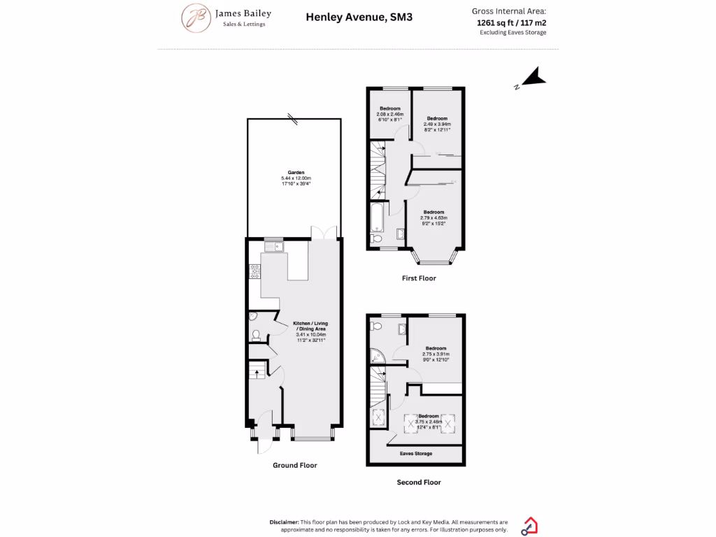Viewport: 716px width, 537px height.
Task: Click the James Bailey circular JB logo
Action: (x=197, y=18)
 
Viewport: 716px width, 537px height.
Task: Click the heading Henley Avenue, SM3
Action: (x=359, y=17)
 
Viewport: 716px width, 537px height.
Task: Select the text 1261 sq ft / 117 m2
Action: (x=511, y=22)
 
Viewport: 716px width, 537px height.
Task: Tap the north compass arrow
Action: (x=533, y=78)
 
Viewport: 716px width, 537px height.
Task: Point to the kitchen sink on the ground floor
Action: (x=270, y=246)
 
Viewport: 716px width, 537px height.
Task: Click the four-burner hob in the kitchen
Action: (x=253, y=272)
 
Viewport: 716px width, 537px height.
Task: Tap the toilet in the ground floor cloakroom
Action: (x=255, y=335)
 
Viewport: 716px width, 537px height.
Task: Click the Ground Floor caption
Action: (x=294, y=465)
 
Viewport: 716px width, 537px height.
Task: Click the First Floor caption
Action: (x=419, y=278)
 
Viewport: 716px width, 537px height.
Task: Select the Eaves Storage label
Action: (x=415, y=454)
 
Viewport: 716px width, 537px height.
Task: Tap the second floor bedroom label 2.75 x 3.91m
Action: (x=434, y=354)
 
